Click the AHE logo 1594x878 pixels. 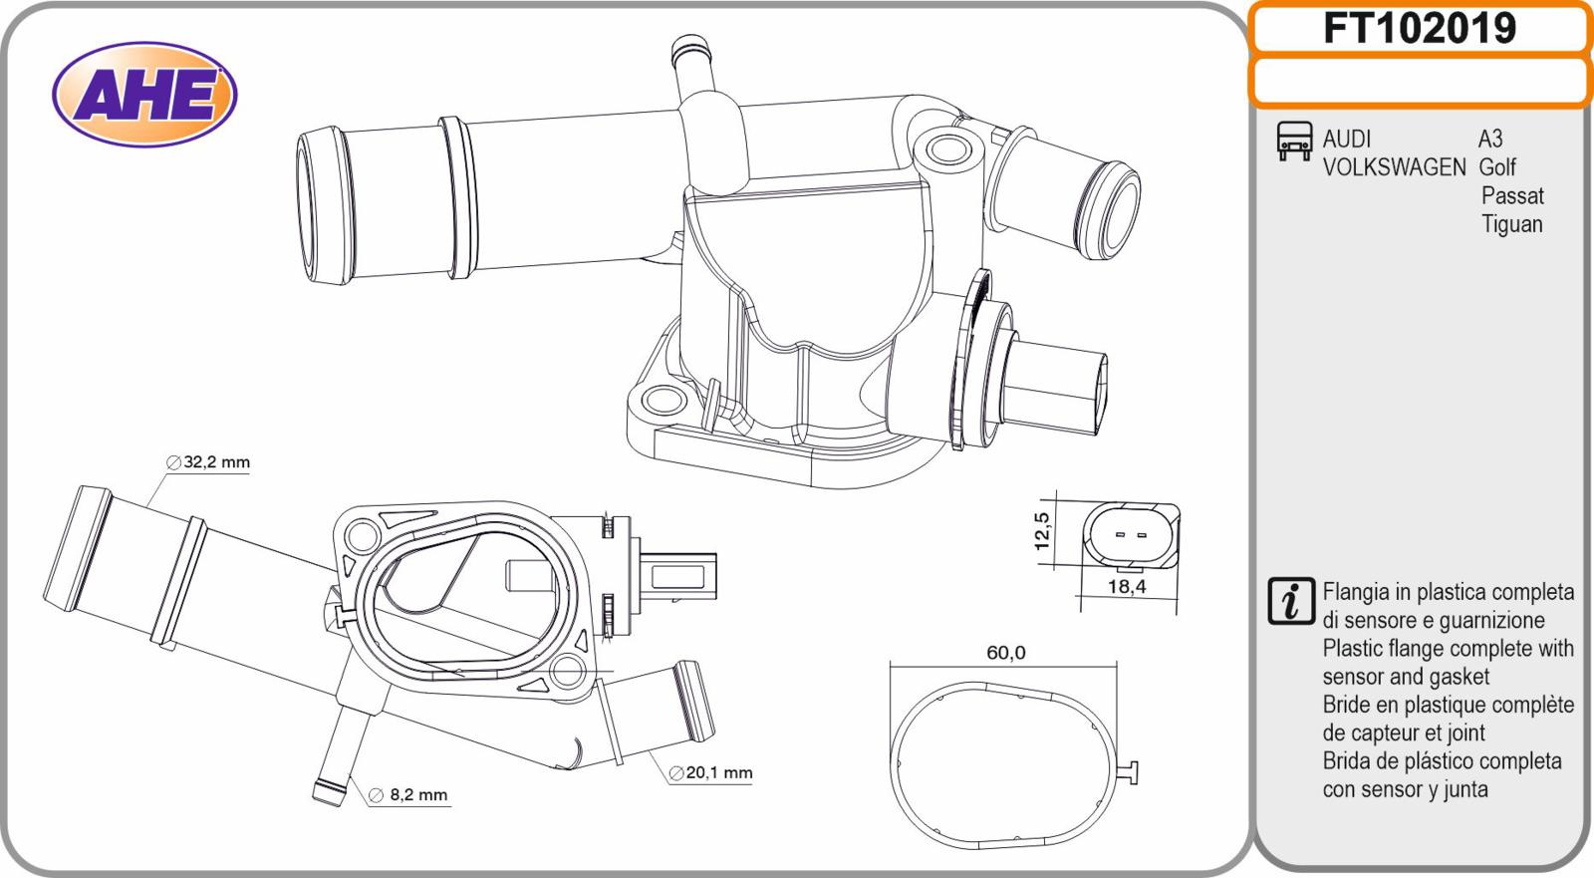[x=144, y=94]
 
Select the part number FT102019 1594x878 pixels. [x=1420, y=29]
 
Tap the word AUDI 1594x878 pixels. [x=1346, y=139]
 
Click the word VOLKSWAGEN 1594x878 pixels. [x=1394, y=167]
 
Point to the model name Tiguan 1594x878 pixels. [x=1512, y=224]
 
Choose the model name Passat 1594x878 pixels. [x=1513, y=195]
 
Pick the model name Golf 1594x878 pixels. [x=1497, y=167]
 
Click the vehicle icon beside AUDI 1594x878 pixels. [x=1294, y=141]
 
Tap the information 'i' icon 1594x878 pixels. [x=1291, y=601]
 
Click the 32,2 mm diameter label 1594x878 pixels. [x=208, y=462]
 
